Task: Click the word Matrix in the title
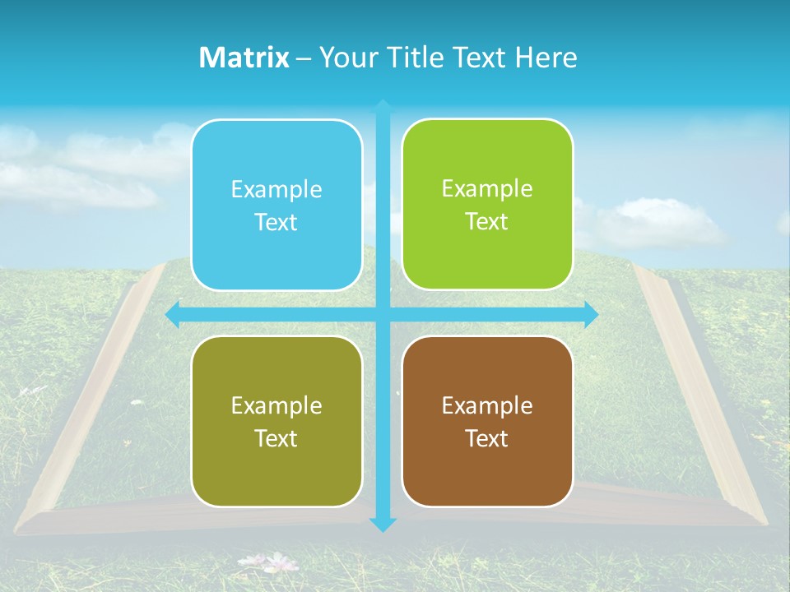[244, 58]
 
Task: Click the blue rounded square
[276, 205]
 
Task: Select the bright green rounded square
[487, 205]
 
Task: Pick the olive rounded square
[276, 421]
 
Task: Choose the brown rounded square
[487, 421]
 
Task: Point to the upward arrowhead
[383, 106]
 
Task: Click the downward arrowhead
[383, 524]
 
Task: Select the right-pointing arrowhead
[591, 314]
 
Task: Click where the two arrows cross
[383, 314]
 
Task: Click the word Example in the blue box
[276, 190]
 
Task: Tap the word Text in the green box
[487, 222]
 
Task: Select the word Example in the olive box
[276, 406]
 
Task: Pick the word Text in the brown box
[487, 438]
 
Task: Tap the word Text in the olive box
[276, 438]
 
